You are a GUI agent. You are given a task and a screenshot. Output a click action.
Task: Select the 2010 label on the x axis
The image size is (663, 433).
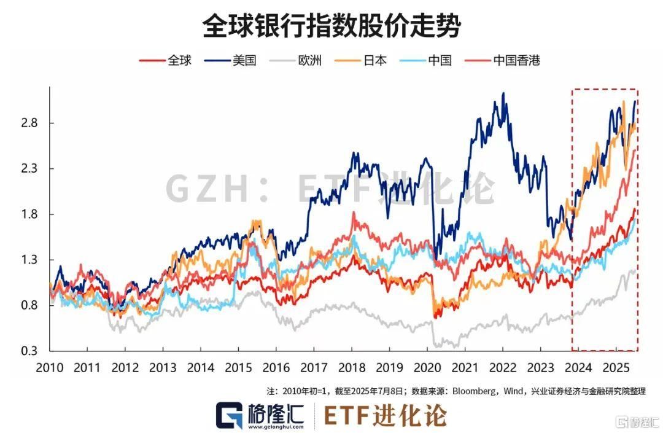click(50, 368)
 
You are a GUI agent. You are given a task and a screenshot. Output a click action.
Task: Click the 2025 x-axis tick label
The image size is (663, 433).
click(616, 368)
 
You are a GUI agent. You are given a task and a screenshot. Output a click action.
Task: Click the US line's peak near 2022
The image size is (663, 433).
click(503, 94)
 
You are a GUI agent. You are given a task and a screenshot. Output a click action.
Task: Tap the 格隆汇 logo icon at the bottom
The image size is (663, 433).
click(228, 416)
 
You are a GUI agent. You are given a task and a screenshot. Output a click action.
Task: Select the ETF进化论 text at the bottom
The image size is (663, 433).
click(385, 416)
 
